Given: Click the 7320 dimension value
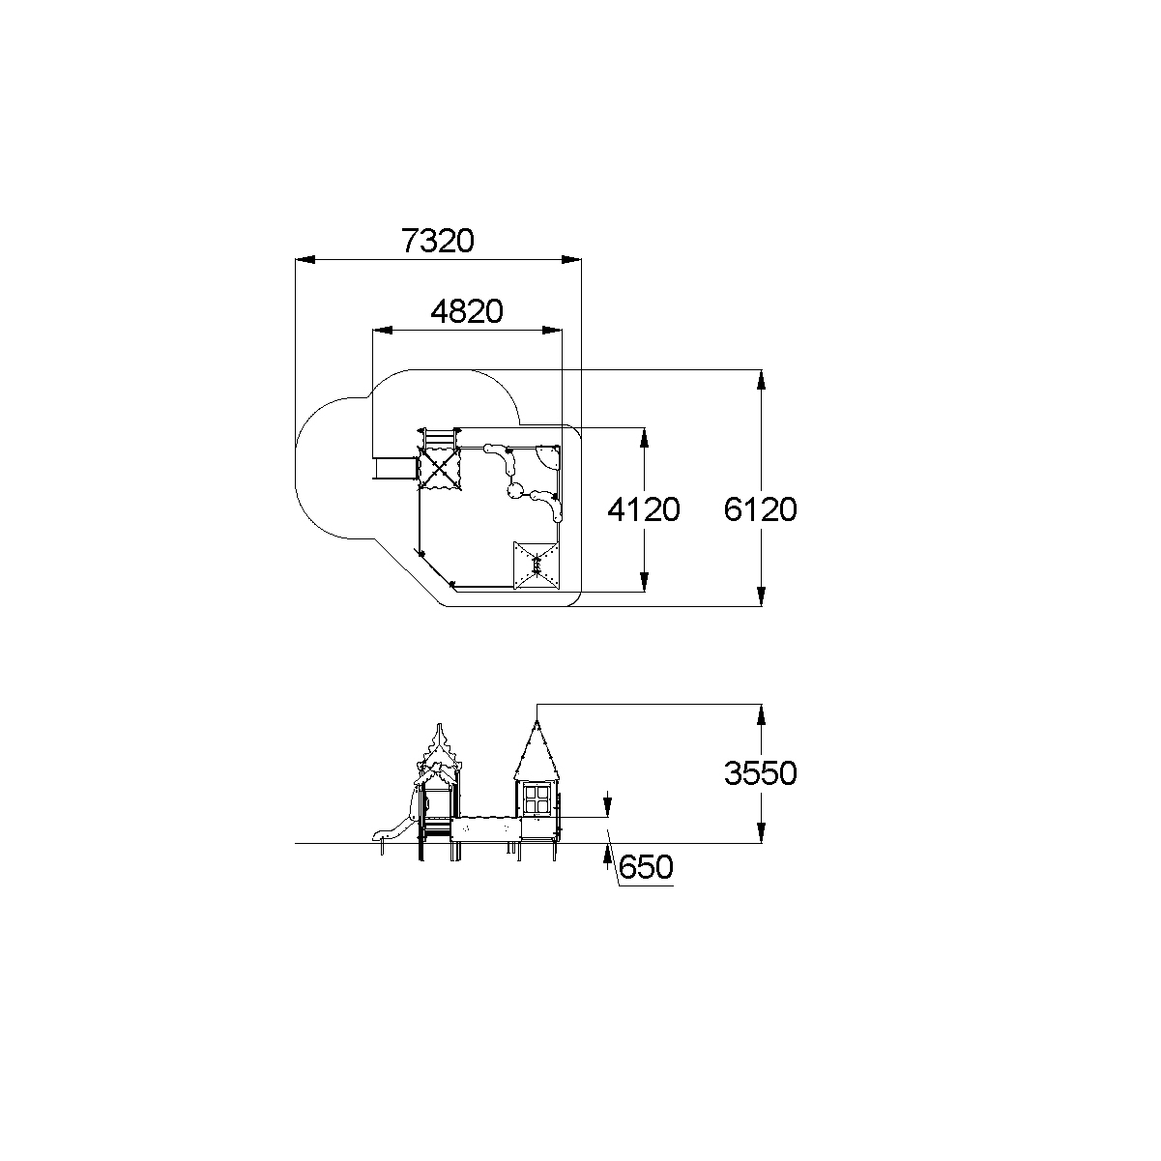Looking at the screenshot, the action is (x=438, y=241).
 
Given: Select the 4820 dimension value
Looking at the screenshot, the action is (x=467, y=311).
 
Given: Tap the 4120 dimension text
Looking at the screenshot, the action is (x=644, y=509).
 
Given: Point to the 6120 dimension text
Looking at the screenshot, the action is (x=761, y=509).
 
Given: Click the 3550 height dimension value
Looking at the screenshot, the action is (x=761, y=773).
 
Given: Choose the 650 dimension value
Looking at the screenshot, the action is (x=646, y=867).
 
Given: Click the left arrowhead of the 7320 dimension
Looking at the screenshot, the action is (x=305, y=260).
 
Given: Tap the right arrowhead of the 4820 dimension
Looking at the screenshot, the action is (x=552, y=331).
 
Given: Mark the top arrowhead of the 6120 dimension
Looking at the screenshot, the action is (x=762, y=380).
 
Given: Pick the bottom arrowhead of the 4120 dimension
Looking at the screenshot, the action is (x=644, y=582).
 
